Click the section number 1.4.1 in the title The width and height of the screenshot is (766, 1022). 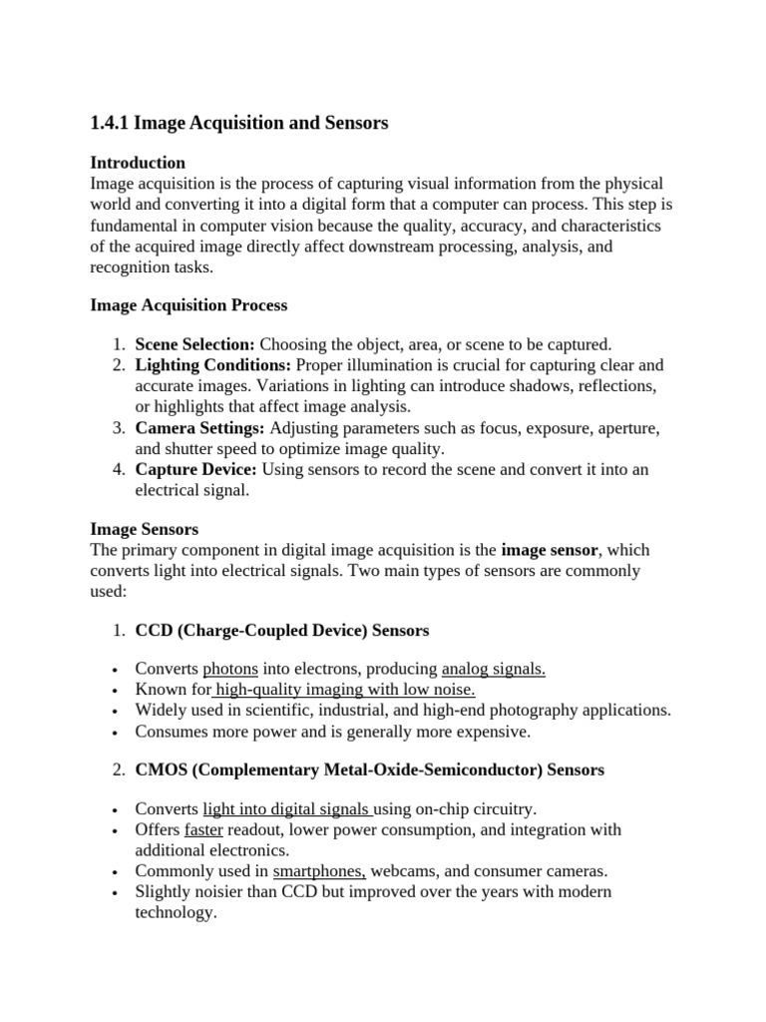click(109, 124)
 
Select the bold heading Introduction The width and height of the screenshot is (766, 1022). click(138, 163)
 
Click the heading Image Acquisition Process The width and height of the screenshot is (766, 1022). click(189, 304)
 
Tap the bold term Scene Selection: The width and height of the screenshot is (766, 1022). click(195, 344)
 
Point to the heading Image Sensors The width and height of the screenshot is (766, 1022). click(145, 529)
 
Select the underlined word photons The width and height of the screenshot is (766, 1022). click(230, 669)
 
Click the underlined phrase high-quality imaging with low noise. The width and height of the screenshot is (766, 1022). click(345, 690)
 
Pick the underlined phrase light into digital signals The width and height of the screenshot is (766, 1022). click(287, 808)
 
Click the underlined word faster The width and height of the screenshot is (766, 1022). click(204, 829)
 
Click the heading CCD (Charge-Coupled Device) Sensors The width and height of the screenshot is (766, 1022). click(282, 631)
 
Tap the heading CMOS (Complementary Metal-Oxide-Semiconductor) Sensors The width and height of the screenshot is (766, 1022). click(369, 770)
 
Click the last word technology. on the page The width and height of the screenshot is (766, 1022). click(176, 912)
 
